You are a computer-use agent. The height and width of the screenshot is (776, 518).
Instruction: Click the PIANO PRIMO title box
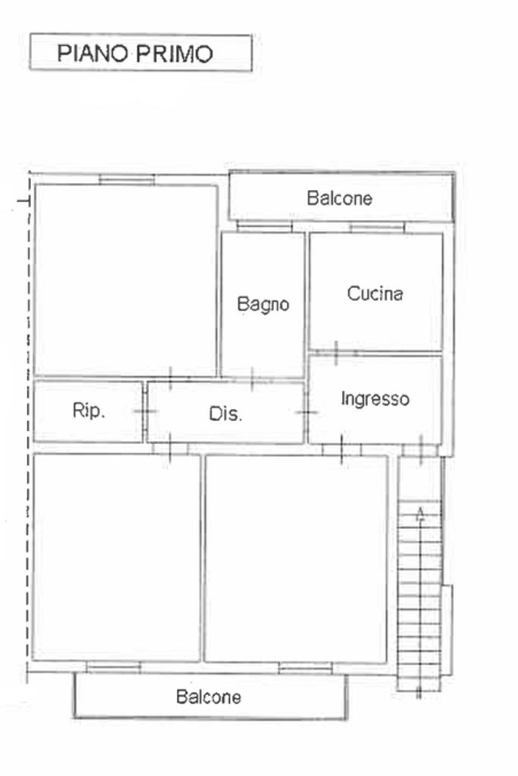(x=141, y=52)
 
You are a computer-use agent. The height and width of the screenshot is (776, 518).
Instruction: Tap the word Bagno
(x=263, y=304)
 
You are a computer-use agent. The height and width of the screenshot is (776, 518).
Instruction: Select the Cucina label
(x=375, y=294)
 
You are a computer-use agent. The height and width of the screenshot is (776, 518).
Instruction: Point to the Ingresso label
(x=375, y=399)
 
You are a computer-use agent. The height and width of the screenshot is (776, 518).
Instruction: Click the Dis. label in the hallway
(x=225, y=413)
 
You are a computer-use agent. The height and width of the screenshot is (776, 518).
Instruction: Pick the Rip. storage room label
(x=89, y=410)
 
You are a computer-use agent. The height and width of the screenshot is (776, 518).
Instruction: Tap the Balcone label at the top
(x=340, y=198)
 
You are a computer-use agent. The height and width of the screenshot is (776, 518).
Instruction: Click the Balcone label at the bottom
(x=209, y=697)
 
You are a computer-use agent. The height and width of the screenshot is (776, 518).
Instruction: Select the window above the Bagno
(x=265, y=227)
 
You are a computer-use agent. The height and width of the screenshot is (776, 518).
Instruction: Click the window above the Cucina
(x=377, y=228)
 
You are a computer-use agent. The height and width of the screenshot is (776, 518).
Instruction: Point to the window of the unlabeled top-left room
(x=127, y=180)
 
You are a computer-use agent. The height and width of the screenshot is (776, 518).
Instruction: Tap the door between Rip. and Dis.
(x=145, y=411)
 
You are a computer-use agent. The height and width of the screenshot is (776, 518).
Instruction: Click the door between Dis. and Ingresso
(x=306, y=412)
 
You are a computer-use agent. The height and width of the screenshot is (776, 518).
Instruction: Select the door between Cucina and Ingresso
(x=337, y=353)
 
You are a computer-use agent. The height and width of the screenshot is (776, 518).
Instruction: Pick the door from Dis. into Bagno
(x=253, y=379)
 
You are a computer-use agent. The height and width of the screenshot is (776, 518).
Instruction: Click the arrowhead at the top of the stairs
(x=420, y=513)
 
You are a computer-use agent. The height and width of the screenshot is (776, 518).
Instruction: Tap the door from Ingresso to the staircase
(x=420, y=450)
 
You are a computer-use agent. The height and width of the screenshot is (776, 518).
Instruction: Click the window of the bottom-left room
(x=113, y=668)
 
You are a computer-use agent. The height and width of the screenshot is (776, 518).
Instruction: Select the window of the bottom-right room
(x=305, y=668)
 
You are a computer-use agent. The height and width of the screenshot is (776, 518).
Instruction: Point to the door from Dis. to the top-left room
(x=170, y=379)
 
